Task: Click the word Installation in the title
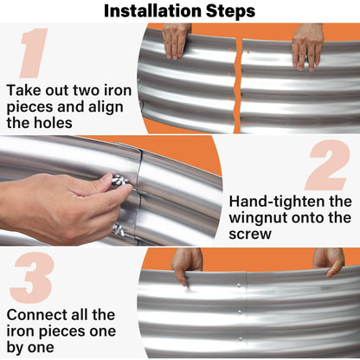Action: [x=153, y=11]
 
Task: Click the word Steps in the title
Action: [x=230, y=11]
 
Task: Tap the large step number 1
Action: [x=34, y=53]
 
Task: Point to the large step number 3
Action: [x=32, y=277]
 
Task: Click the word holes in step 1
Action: [x=53, y=123]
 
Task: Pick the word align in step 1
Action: [x=105, y=107]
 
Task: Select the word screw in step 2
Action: [x=250, y=234]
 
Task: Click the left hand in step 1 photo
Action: [x=175, y=42]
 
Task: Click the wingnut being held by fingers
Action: [x=120, y=181]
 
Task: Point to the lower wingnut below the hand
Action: [x=119, y=229]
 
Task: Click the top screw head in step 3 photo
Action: [x=239, y=286]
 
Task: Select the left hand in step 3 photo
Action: [x=186, y=265]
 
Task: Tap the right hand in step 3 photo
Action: [x=329, y=261]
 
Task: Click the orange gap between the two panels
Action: [x=238, y=87]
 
